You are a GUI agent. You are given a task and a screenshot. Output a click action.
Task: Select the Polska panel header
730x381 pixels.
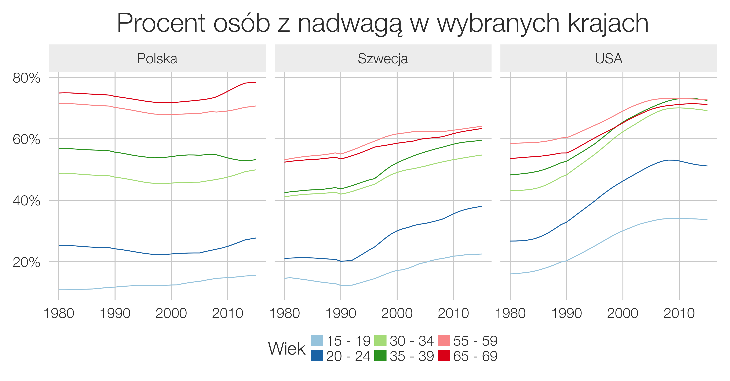pos(157,59)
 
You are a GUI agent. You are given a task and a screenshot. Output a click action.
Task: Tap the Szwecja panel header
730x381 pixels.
pos(383,59)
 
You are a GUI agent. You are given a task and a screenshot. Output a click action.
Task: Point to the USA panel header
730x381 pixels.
pos(609,59)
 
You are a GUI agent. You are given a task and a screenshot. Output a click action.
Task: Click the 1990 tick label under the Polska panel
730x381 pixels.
pos(115,313)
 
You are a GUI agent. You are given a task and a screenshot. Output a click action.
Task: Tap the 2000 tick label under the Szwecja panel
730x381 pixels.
pos(397,313)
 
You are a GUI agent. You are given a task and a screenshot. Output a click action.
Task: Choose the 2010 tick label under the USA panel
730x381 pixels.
pos(679,313)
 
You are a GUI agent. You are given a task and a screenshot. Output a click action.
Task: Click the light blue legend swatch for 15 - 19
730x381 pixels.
pos(317,340)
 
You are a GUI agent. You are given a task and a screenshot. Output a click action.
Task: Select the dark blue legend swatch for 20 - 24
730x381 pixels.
pos(317,356)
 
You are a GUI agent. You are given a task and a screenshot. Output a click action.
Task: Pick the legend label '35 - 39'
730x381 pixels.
pos(412,356)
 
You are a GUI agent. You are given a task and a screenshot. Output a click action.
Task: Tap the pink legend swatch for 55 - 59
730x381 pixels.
pos(444,340)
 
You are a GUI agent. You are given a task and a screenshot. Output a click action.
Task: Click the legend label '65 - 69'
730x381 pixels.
pos(475,356)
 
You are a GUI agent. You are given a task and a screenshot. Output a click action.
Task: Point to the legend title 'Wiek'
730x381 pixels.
pos(286,348)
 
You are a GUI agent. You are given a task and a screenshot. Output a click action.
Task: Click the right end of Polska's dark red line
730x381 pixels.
pos(255,83)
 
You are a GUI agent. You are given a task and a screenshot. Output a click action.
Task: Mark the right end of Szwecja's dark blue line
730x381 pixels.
pos(481,206)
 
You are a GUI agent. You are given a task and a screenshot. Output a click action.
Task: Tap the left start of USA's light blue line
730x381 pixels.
pos(510,274)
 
